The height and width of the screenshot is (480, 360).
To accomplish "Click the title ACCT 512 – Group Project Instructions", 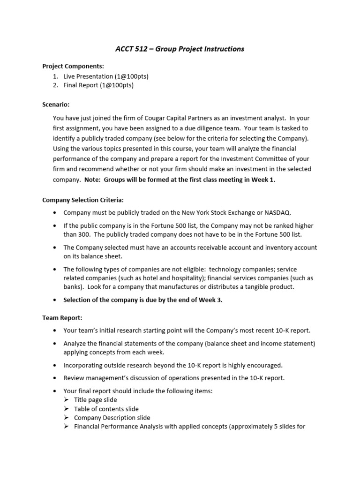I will point(180,49).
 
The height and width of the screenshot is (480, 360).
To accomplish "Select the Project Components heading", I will point(73,67).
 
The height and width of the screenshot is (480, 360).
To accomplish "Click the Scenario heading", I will point(56,104).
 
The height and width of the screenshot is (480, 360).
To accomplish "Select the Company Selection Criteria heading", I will point(83,200).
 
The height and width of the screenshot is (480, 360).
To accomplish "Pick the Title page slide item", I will point(96,400).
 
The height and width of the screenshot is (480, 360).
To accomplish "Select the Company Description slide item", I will point(112,418).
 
